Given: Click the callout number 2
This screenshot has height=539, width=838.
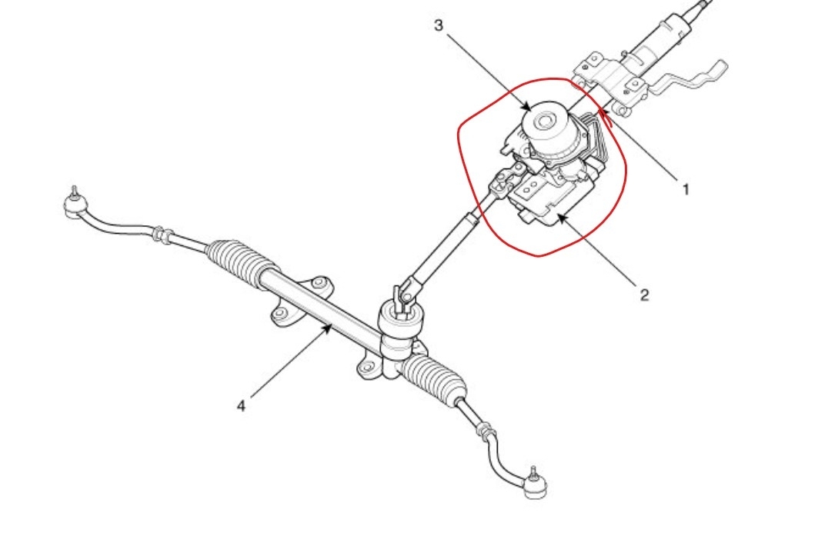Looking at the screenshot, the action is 644,294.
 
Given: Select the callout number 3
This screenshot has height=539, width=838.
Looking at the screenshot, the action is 439,25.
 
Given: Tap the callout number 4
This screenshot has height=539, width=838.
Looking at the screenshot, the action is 241,405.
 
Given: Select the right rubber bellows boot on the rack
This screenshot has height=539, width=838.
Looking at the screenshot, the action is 436,376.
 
